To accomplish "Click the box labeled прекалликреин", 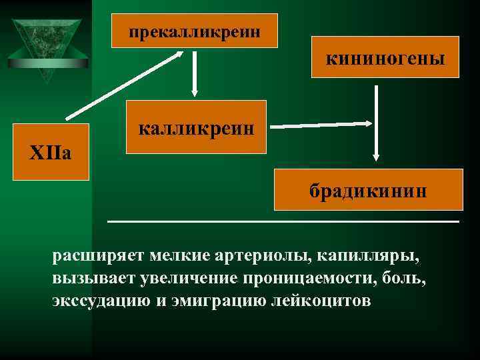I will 194,31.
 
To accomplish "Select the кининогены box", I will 385,59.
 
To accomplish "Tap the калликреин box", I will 196,127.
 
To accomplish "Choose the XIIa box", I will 51,152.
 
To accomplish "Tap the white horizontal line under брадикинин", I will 283,221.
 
